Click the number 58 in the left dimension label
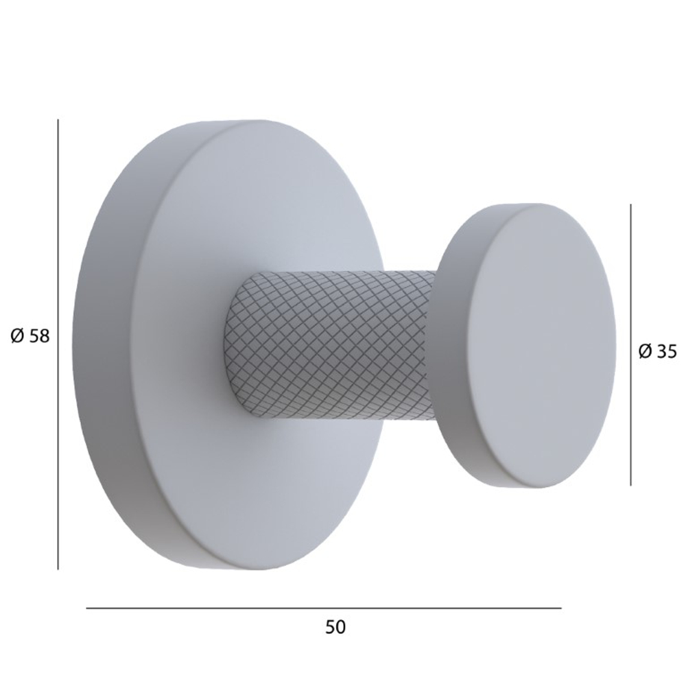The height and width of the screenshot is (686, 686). (x=40, y=337)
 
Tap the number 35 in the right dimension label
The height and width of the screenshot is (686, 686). (x=666, y=352)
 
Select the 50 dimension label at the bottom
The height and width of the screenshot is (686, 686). (x=335, y=626)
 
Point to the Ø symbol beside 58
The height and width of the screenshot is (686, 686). (x=19, y=337)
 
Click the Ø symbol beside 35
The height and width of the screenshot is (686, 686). (x=645, y=352)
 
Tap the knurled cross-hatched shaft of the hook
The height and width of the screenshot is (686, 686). (x=329, y=343)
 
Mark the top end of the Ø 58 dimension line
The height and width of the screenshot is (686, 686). (x=58, y=121)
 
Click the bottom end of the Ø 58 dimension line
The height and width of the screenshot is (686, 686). (x=58, y=568)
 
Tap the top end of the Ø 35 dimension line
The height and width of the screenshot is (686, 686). (x=631, y=204)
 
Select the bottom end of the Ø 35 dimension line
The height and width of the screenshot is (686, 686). (x=631, y=484)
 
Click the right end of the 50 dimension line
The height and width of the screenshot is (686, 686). (x=560, y=608)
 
